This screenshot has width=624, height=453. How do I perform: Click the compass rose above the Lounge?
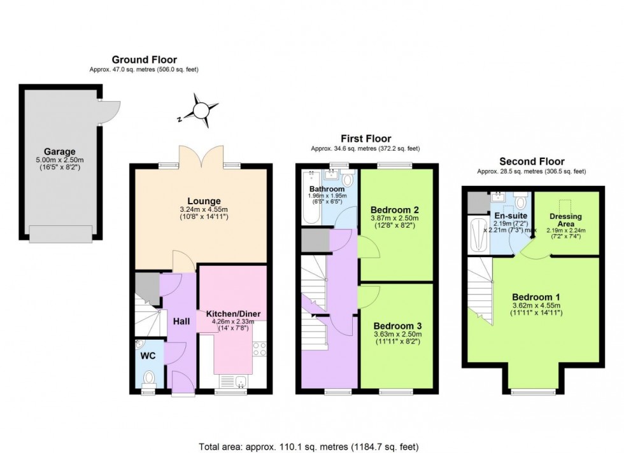point(201,109)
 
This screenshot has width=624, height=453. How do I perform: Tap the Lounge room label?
point(199,201)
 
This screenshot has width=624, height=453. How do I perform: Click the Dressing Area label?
point(565,221)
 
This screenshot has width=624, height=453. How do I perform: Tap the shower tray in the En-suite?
point(478,237)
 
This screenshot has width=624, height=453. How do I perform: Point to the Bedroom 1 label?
point(536,297)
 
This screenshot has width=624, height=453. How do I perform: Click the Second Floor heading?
point(531,162)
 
